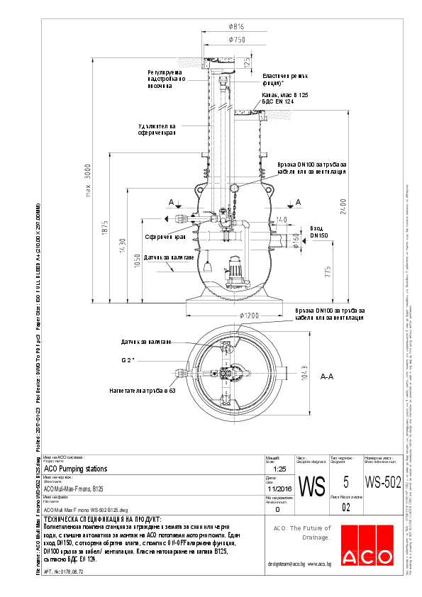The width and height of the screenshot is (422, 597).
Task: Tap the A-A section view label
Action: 327,377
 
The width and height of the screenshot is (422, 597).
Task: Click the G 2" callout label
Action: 128,360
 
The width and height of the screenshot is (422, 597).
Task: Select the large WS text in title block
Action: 312,487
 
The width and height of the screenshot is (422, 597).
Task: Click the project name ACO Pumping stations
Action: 75,469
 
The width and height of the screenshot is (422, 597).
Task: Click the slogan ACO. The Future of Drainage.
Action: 302,532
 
